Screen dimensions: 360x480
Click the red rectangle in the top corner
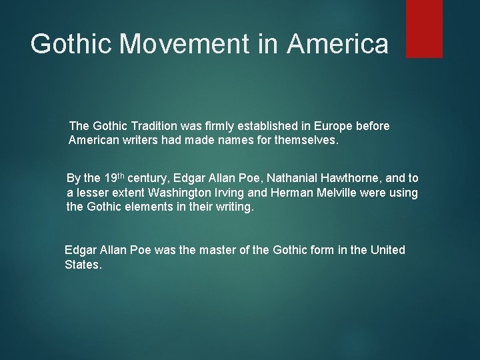(x=425, y=29)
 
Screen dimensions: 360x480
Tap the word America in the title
(x=339, y=44)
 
